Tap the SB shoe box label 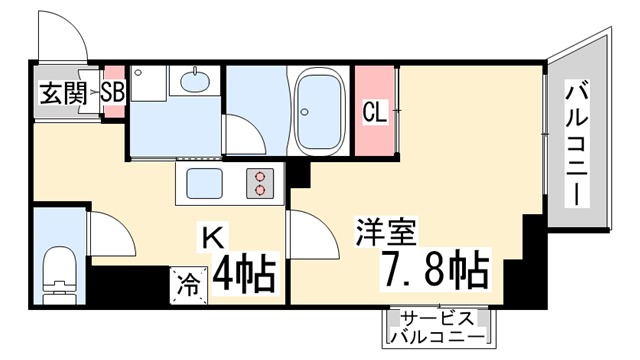[x=113, y=92]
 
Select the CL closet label [x=375, y=112]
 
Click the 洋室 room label [x=386, y=232]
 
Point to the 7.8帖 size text [x=435, y=270]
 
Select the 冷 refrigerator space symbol [x=188, y=286]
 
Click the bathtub [x=318, y=111]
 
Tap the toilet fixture [x=60, y=275]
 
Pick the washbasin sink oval [x=195, y=81]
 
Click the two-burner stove [x=260, y=183]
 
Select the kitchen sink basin [x=204, y=183]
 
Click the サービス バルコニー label [x=438, y=327]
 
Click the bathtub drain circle [x=304, y=111]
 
